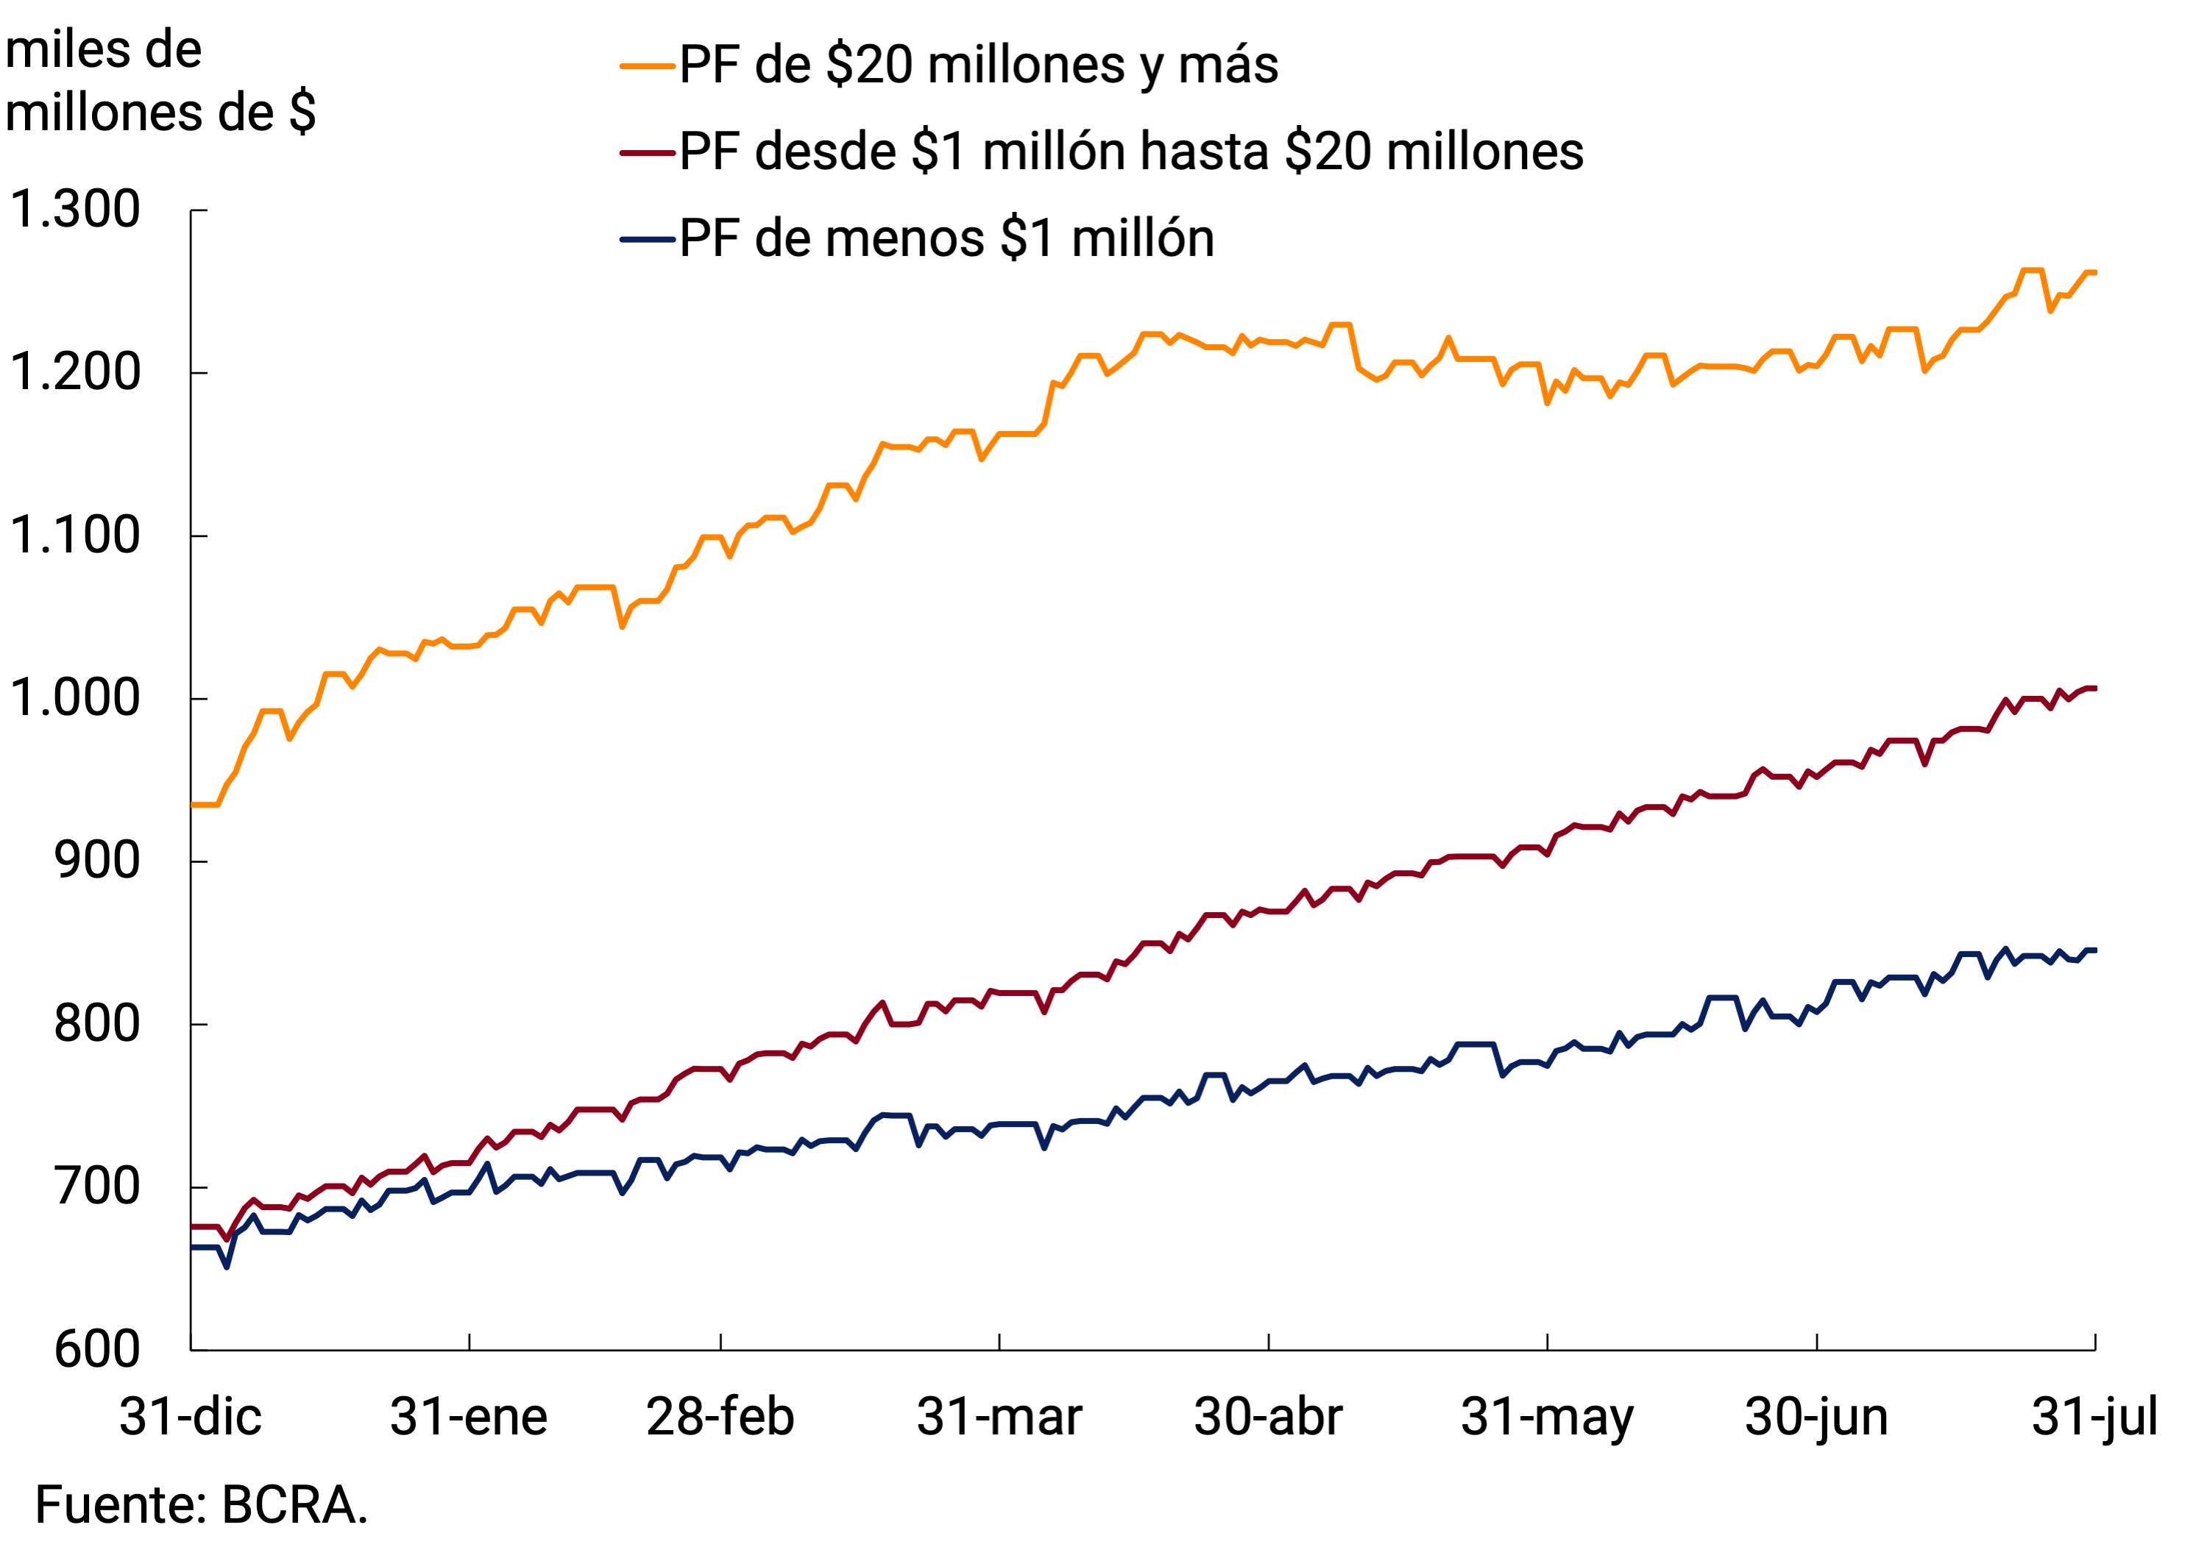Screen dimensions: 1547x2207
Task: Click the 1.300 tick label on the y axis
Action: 75,210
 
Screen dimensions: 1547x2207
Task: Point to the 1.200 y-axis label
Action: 75,373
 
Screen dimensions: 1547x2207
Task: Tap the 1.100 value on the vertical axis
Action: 75,536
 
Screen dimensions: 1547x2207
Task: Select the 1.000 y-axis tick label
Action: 75,699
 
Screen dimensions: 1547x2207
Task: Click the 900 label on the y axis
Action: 97,861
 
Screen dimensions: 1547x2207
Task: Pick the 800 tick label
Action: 97,1024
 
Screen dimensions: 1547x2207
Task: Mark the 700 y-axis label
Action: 97,1187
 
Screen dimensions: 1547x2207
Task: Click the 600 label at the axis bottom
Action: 97,1350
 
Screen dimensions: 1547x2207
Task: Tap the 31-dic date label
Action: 191,1418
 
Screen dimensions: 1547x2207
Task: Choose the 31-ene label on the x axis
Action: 469,1418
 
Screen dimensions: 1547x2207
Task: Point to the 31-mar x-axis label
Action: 999,1418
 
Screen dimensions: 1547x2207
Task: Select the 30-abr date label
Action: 1268,1418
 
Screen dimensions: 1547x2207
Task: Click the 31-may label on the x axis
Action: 1547,1418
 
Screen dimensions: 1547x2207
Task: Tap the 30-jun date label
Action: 1817,1418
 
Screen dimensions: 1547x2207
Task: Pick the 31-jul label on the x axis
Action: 2094,1418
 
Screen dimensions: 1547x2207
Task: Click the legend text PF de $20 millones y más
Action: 979,65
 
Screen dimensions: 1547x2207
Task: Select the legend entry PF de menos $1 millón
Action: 947,238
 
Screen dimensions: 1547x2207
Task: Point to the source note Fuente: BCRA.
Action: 202,1506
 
